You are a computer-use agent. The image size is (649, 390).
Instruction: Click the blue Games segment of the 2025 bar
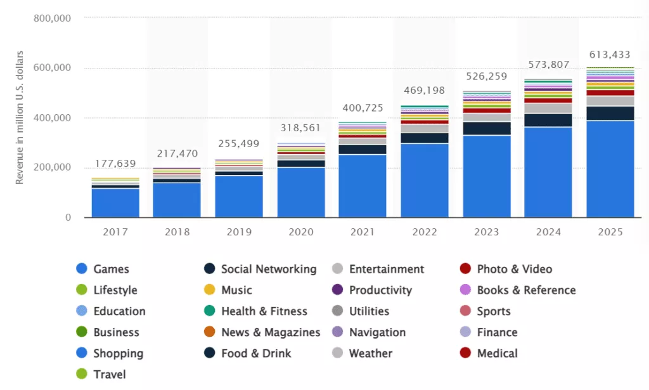(x=610, y=169)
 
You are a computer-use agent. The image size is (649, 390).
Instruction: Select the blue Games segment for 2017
(x=115, y=203)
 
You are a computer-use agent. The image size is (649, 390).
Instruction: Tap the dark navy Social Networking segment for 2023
(x=487, y=128)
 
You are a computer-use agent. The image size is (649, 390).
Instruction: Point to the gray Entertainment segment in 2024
(x=548, y=108)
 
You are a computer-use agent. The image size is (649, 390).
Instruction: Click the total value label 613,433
(x=610, y=54)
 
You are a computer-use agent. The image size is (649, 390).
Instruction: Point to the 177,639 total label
(x=115, y=164)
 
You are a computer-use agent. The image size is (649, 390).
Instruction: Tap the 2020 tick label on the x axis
(x=301, y=232)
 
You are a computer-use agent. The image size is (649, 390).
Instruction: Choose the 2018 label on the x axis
(x=177, y=232)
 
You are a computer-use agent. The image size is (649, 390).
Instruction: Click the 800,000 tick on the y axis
(x=51, y=18)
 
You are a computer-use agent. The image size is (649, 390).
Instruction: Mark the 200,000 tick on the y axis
(x=51, y=168)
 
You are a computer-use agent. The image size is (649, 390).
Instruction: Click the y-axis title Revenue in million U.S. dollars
(x=20, y=117)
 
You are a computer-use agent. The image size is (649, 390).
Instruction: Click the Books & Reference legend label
(x=526, y=290)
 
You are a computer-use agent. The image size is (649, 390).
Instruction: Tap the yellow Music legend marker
(x=209, y=290)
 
